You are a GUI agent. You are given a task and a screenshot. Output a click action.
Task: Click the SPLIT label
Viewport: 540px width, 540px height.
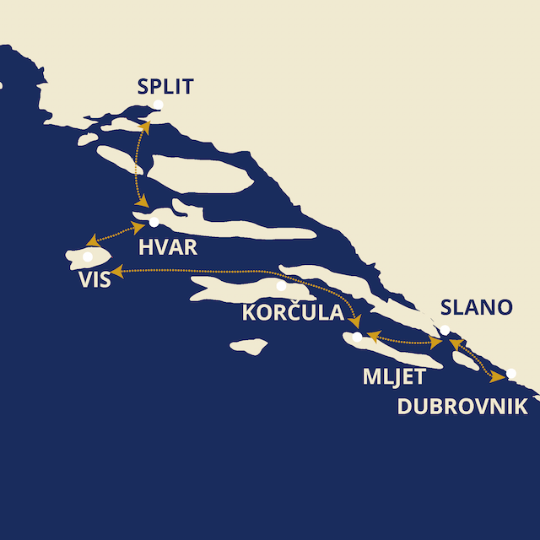click(x=165, y=86)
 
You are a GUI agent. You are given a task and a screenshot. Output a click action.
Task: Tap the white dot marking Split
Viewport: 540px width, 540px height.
click(x=156, y=105)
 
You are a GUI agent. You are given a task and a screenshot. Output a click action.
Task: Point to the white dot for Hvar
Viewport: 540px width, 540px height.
click(x=154, y=223)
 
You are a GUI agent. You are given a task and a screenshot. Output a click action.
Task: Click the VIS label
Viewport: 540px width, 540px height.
click(x=93, y=280)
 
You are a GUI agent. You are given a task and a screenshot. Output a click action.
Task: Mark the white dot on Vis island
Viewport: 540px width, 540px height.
click(x=87, y=256)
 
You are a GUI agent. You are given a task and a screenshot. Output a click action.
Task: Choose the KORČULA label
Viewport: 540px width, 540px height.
click(x=292, y=313)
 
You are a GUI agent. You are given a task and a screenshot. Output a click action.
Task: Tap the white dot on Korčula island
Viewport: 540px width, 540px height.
click(x=281, y=286)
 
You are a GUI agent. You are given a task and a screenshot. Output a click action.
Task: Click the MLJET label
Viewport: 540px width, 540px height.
click(x=393, y=377)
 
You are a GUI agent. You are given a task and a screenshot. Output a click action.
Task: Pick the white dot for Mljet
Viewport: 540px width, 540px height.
click(x=358, y=337)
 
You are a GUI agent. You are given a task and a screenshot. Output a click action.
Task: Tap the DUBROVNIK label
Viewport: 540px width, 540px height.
click(x=462, y=406)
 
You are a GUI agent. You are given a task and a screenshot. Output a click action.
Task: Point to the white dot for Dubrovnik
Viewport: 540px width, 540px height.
click(x=511, y=374)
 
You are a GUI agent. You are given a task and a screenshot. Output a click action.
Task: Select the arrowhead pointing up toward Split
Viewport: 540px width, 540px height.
click(x=145, y=127)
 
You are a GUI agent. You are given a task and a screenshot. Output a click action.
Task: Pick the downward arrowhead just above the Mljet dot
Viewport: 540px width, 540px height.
click(x=358, y=321)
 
